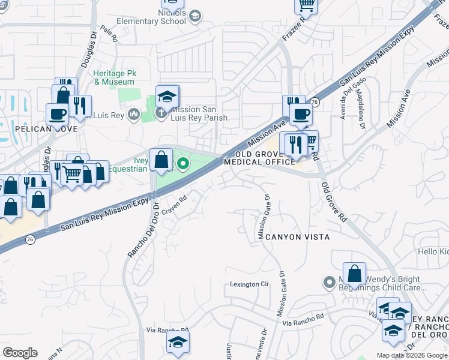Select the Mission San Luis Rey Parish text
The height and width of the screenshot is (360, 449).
click(x=199, y=113)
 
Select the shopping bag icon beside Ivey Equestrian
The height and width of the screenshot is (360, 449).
click(x=161, y=160)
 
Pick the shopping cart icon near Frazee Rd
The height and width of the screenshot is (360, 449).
click(x=306, y=5)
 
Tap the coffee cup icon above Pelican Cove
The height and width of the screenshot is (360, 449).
click(x=58, y=113)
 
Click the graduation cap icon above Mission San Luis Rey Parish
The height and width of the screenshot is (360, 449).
click(x=167, y=96)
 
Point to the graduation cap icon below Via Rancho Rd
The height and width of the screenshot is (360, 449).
click(x=177, y=343)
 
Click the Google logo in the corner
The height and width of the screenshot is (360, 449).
click(x=20, y=353)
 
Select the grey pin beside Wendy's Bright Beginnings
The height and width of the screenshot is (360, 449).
click(x=328, y=281)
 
